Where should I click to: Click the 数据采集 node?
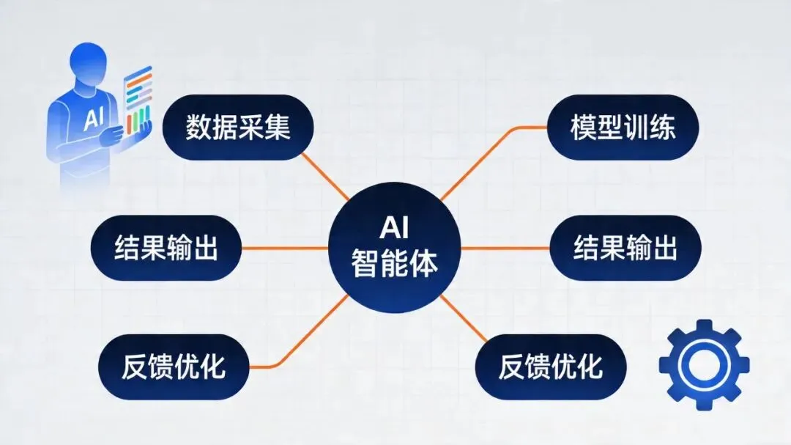(x=238, y=128)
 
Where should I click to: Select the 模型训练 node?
(x=623, y=128)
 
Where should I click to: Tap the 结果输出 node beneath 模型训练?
(x=625, y=248)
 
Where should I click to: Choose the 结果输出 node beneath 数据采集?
(x=166, y=248)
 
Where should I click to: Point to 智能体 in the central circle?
(x=395, y=262)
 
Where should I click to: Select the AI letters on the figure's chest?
(x=94, y=118)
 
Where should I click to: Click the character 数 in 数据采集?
(x=198, y=128)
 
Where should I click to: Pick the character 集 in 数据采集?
(x=278, y=128)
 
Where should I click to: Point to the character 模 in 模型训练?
(x=584, y=128)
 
